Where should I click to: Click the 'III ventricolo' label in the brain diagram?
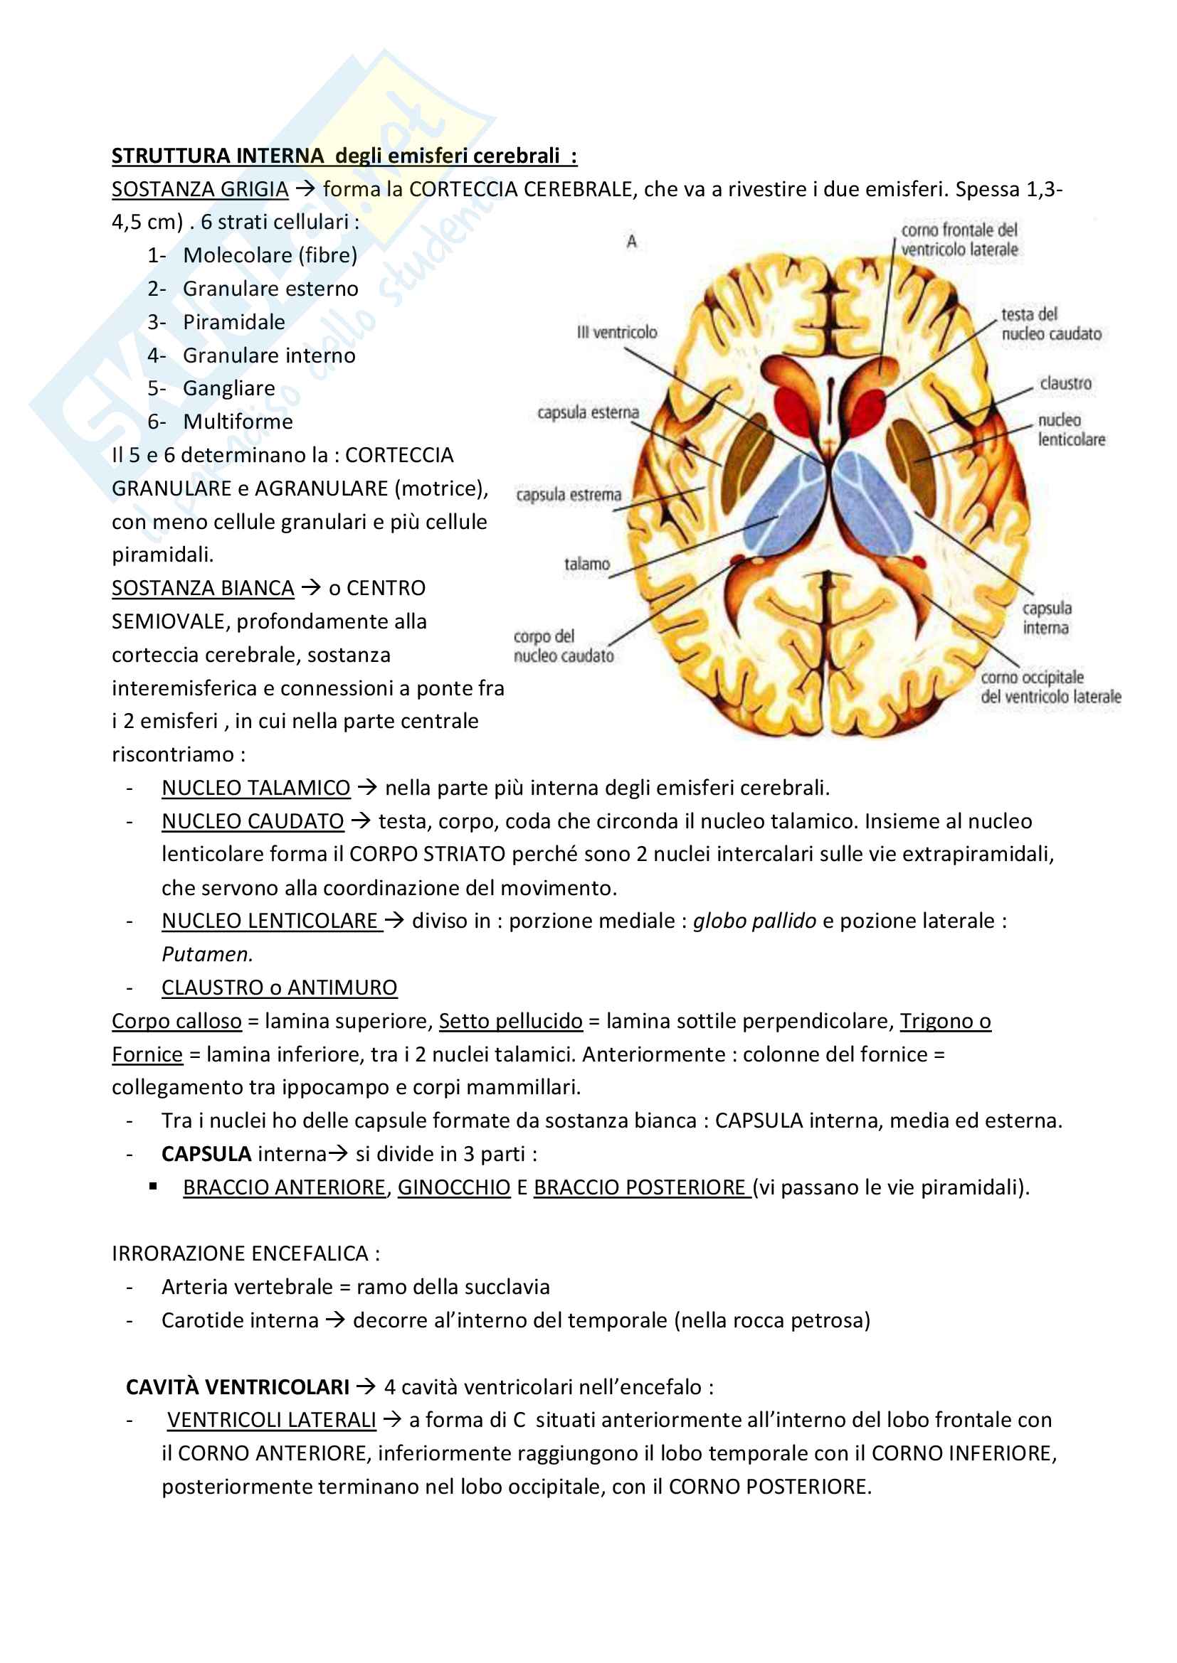[x=617, y=333]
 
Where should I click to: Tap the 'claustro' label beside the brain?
[x=1065, y=383]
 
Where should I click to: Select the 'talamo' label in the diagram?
[x=587, y=564]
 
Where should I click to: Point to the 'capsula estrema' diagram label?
[x=569, y=495]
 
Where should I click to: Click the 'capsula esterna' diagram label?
[x=588, y=412]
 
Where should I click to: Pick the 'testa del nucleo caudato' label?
[x=1050, y=323]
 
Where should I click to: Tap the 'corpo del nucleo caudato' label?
[x=563, y=646]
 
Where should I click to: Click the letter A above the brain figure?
[x=631, y=242]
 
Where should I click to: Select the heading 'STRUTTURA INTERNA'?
[x=218, y=156]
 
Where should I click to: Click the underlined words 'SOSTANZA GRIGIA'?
[x=200, y=189]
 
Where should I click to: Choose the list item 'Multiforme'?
[x=238, y=422]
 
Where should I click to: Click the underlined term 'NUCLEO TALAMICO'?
[x=256, y=787]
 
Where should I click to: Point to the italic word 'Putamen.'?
[x=207, y=954]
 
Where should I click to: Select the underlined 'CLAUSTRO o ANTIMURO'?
[x=279, y=988]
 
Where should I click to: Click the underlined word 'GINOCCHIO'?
[x=454, y=1187]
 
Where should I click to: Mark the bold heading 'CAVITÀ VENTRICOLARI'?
[x=238, y=1387]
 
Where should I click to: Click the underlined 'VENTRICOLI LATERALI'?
[x=272, y=1420]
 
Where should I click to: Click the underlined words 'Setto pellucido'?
[x=510, y=1020]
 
